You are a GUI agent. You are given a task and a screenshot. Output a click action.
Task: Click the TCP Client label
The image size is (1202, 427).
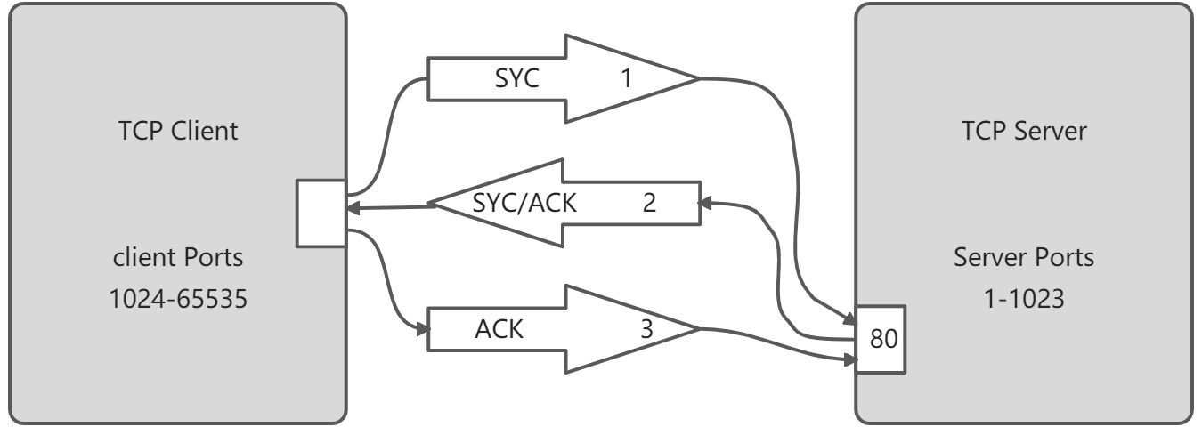coord(177,131)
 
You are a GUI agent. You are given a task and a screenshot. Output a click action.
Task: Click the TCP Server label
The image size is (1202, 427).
coord(1024,131)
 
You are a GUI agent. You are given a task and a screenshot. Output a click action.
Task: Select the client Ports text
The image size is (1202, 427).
coord(177,257)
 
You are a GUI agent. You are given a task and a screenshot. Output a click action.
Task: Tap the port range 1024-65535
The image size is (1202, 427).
coord(177,299)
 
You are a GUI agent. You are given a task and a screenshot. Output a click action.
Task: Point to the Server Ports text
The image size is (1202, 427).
coord(1024,257)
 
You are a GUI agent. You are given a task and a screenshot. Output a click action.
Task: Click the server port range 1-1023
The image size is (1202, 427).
coord(1024,299)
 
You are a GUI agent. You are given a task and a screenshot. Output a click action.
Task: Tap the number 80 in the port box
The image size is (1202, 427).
coord(884,339)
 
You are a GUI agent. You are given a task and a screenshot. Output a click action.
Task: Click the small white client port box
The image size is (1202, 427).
coord(321,213)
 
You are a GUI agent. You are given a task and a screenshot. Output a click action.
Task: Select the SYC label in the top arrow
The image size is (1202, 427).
coord(516,79)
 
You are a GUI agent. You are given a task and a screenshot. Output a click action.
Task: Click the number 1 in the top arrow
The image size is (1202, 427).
coord(626,79)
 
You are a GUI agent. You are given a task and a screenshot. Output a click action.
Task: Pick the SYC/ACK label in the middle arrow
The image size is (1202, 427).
coord(524,204)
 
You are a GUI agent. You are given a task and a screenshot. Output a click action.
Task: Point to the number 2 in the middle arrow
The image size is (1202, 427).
coord(649,204)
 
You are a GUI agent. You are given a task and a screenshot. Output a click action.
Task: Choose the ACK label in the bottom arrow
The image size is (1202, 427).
coord(499,329)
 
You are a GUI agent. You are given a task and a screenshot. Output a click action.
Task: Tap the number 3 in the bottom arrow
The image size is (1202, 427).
coord(646,329)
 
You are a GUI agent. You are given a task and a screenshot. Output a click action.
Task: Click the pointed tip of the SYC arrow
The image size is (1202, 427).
coord(699,79)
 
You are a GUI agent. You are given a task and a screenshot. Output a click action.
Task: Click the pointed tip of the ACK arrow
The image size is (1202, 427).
coord(699,329)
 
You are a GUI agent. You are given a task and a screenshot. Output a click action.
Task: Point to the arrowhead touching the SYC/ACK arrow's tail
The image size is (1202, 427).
coord(704,203)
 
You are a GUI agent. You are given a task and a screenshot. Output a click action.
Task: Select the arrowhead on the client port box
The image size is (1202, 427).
coord(353,207)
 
